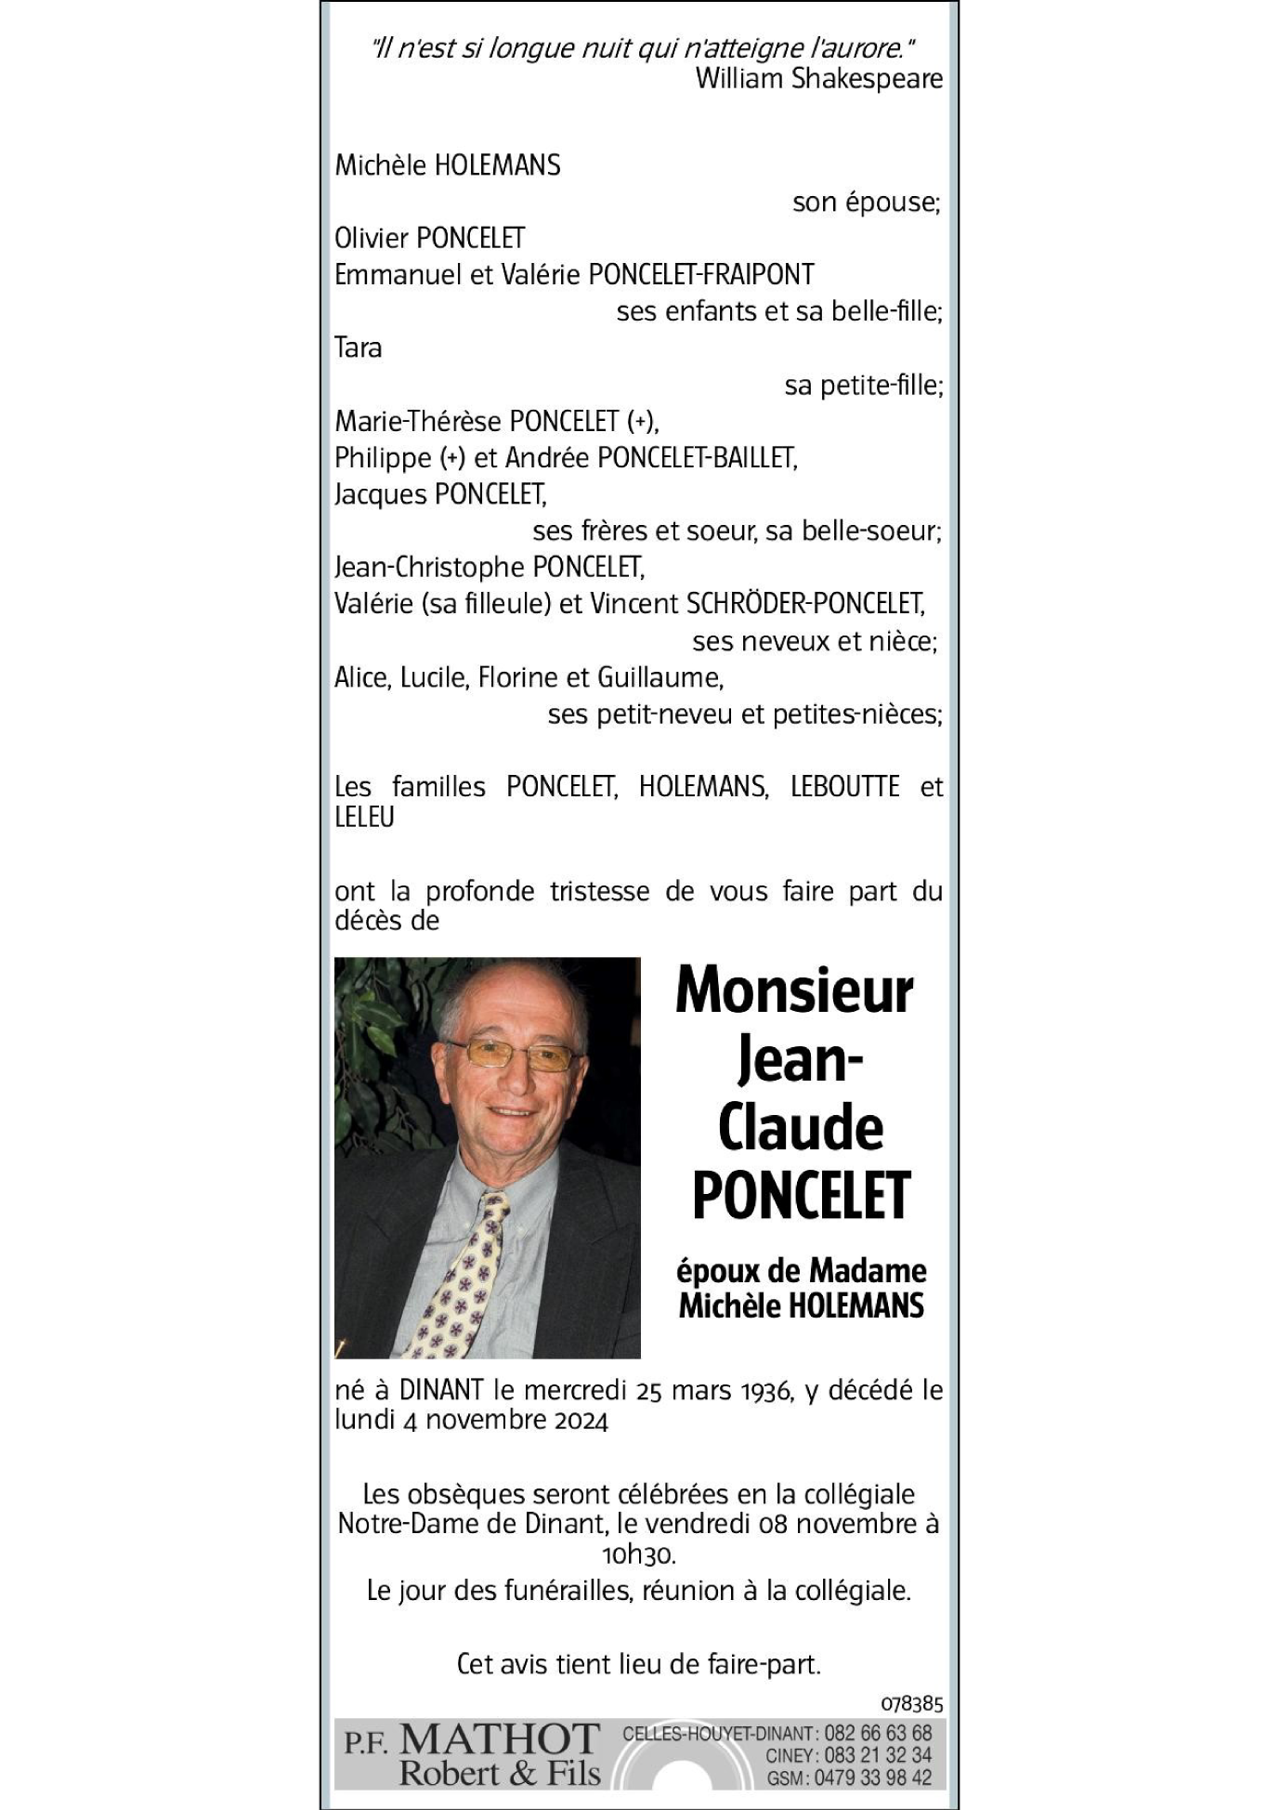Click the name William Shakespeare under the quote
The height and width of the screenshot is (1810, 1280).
tap(818, 79)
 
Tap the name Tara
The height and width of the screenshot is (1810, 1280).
tap(358, 348)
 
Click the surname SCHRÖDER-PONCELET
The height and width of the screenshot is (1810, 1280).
tap(804, 604)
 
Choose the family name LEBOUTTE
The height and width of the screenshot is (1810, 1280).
tap(844, 787)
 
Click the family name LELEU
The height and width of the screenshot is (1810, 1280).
tap(364, 818)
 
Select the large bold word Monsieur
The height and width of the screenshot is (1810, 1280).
tap(794, 990)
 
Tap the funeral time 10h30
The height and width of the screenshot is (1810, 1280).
tap(638, 1554)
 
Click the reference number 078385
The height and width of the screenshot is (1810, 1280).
tap(911, 1703)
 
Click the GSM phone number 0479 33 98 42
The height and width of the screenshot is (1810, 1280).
tap(872, 1777)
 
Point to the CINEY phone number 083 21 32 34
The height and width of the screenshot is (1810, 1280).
tap(877, 1756)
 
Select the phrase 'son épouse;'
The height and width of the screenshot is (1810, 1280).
tap(866, 203)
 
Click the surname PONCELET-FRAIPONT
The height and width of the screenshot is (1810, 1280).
tap(701, 275)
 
